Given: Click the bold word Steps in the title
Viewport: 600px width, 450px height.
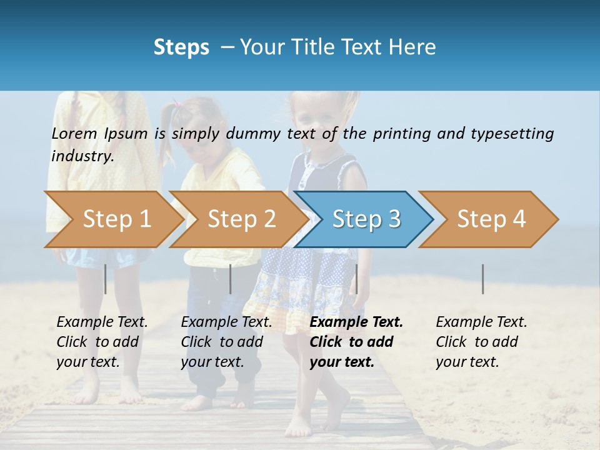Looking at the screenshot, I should [x=181, y=47].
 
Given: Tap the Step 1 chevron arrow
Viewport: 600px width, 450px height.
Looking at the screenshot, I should [x=116, y=219].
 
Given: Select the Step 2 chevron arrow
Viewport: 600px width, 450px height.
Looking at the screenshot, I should [x=241, y=219].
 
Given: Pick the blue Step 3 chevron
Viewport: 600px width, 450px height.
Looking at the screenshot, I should [x=366, y=219].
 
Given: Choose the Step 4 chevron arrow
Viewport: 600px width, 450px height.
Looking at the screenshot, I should [x=491, y=219].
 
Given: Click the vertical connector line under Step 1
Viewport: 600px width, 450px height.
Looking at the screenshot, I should [x=105, y=279].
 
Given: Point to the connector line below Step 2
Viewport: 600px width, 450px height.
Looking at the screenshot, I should [x=231, y=279].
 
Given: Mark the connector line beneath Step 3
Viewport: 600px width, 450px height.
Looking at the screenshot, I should [x=356, y=279].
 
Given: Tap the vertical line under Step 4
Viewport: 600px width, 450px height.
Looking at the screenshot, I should [x=482, y=279].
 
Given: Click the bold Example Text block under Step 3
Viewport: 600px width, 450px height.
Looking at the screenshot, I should [x=356, y=342].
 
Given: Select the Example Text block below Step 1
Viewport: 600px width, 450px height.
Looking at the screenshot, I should [x=102, y=342].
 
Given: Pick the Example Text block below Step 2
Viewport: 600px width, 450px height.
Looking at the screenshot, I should [x=226, y=342].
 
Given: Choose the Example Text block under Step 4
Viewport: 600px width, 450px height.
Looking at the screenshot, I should [x=481, y=342].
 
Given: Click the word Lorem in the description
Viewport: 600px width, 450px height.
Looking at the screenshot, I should [x=74, y=133].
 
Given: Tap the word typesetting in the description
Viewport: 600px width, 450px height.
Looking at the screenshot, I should [x=512, y=133].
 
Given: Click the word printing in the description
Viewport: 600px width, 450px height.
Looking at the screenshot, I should [x=402, y=133].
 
